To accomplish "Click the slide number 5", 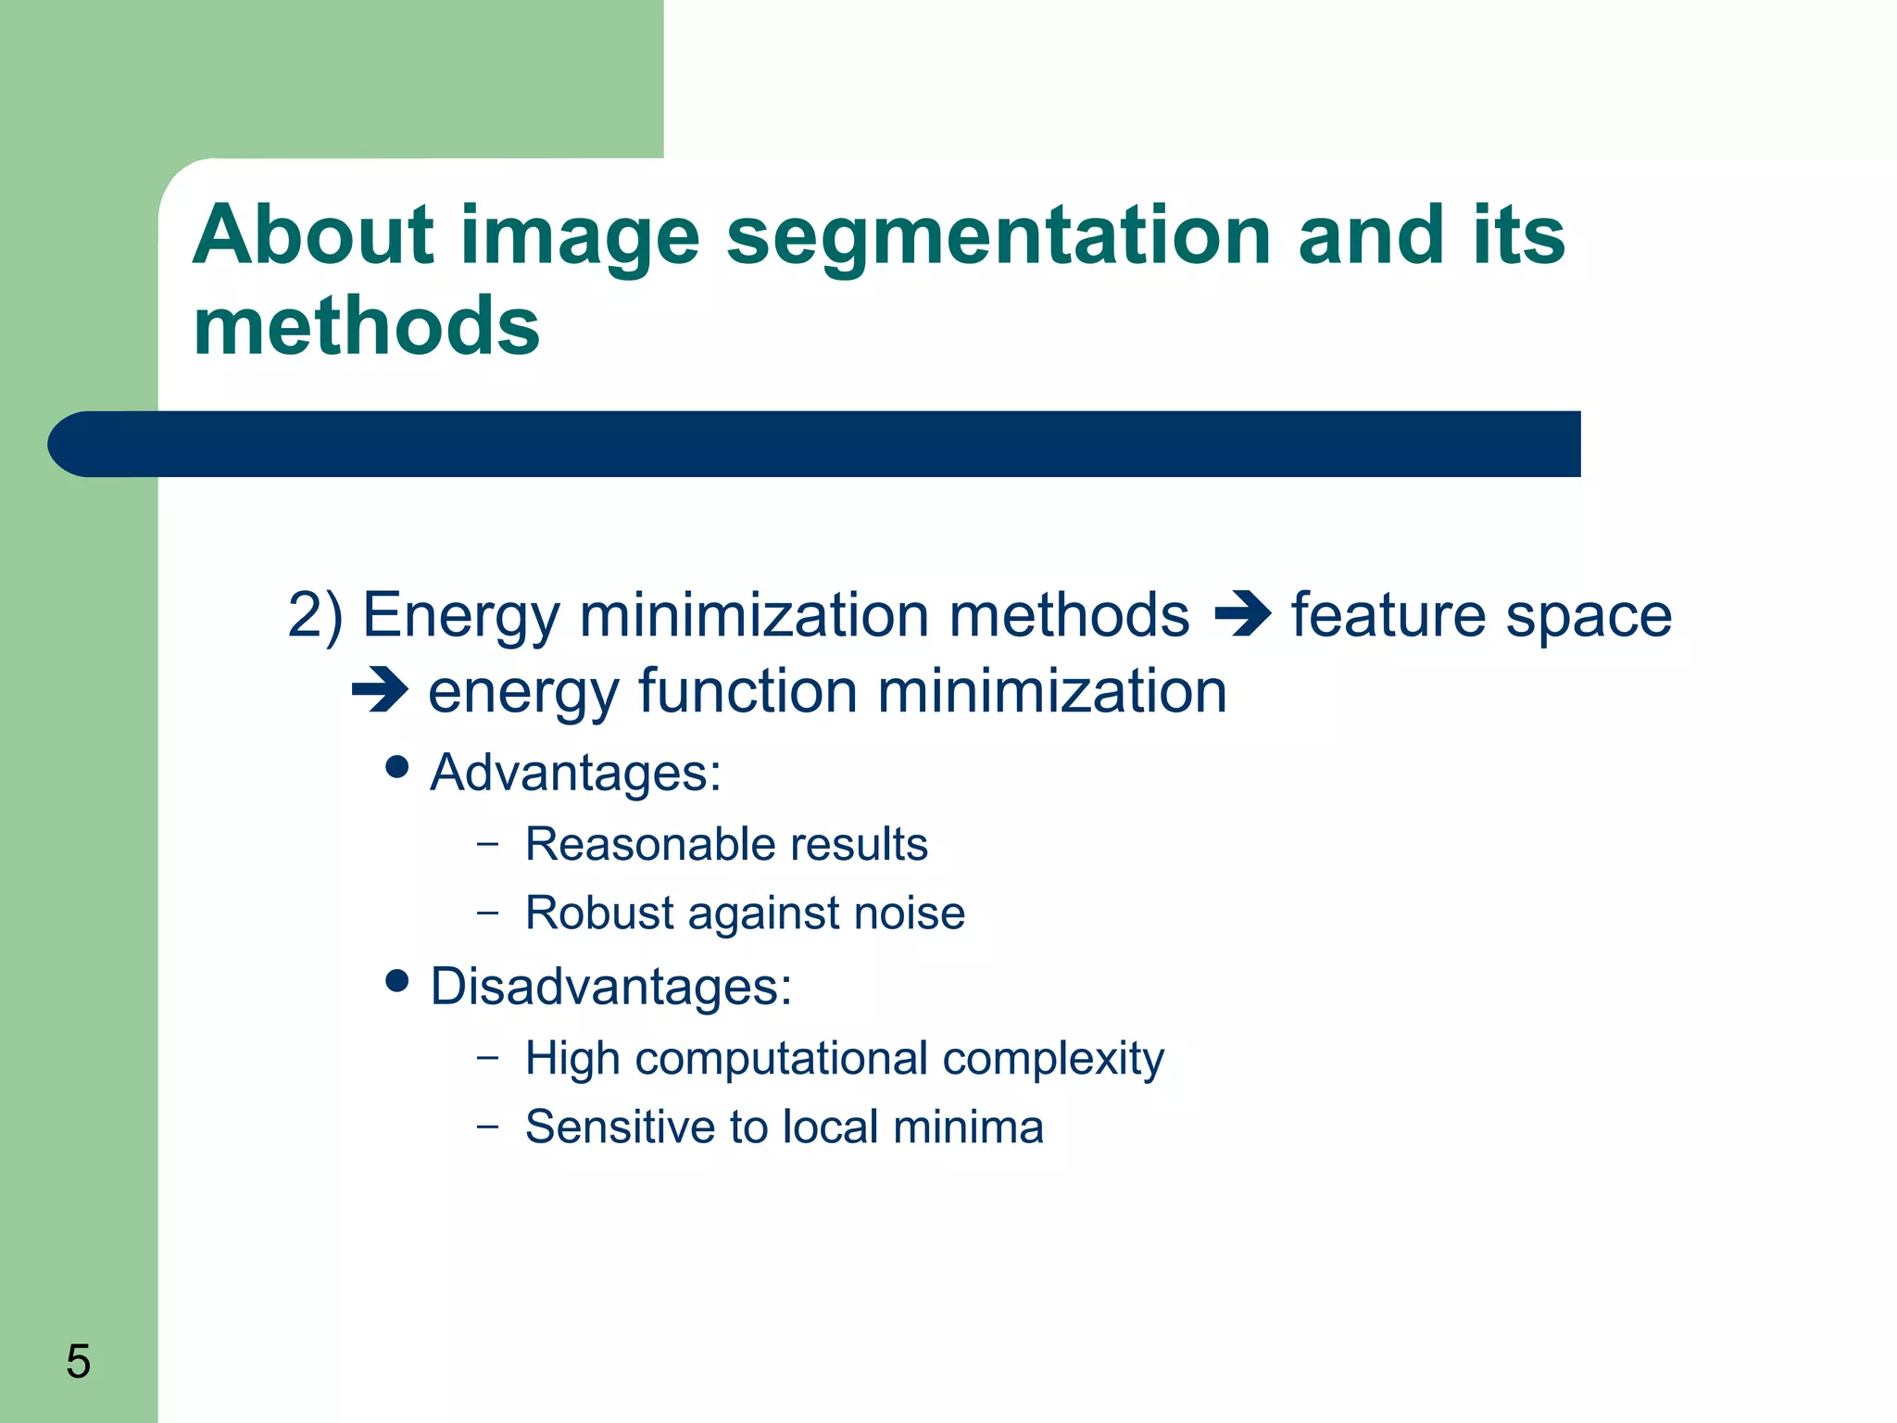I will click(79, 1362).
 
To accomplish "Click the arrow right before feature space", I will click(1241, 615).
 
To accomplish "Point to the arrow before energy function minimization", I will click(380, 691).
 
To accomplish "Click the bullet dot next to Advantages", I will click(397, 767).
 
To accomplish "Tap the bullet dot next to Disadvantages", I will click(397, 981).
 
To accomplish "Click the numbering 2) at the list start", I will click(315, 615).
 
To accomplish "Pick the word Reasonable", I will click(649, 844).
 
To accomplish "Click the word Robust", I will click(599, 913).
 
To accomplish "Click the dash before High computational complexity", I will click(487, 1056).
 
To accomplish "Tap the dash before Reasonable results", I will click(487, 843).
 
